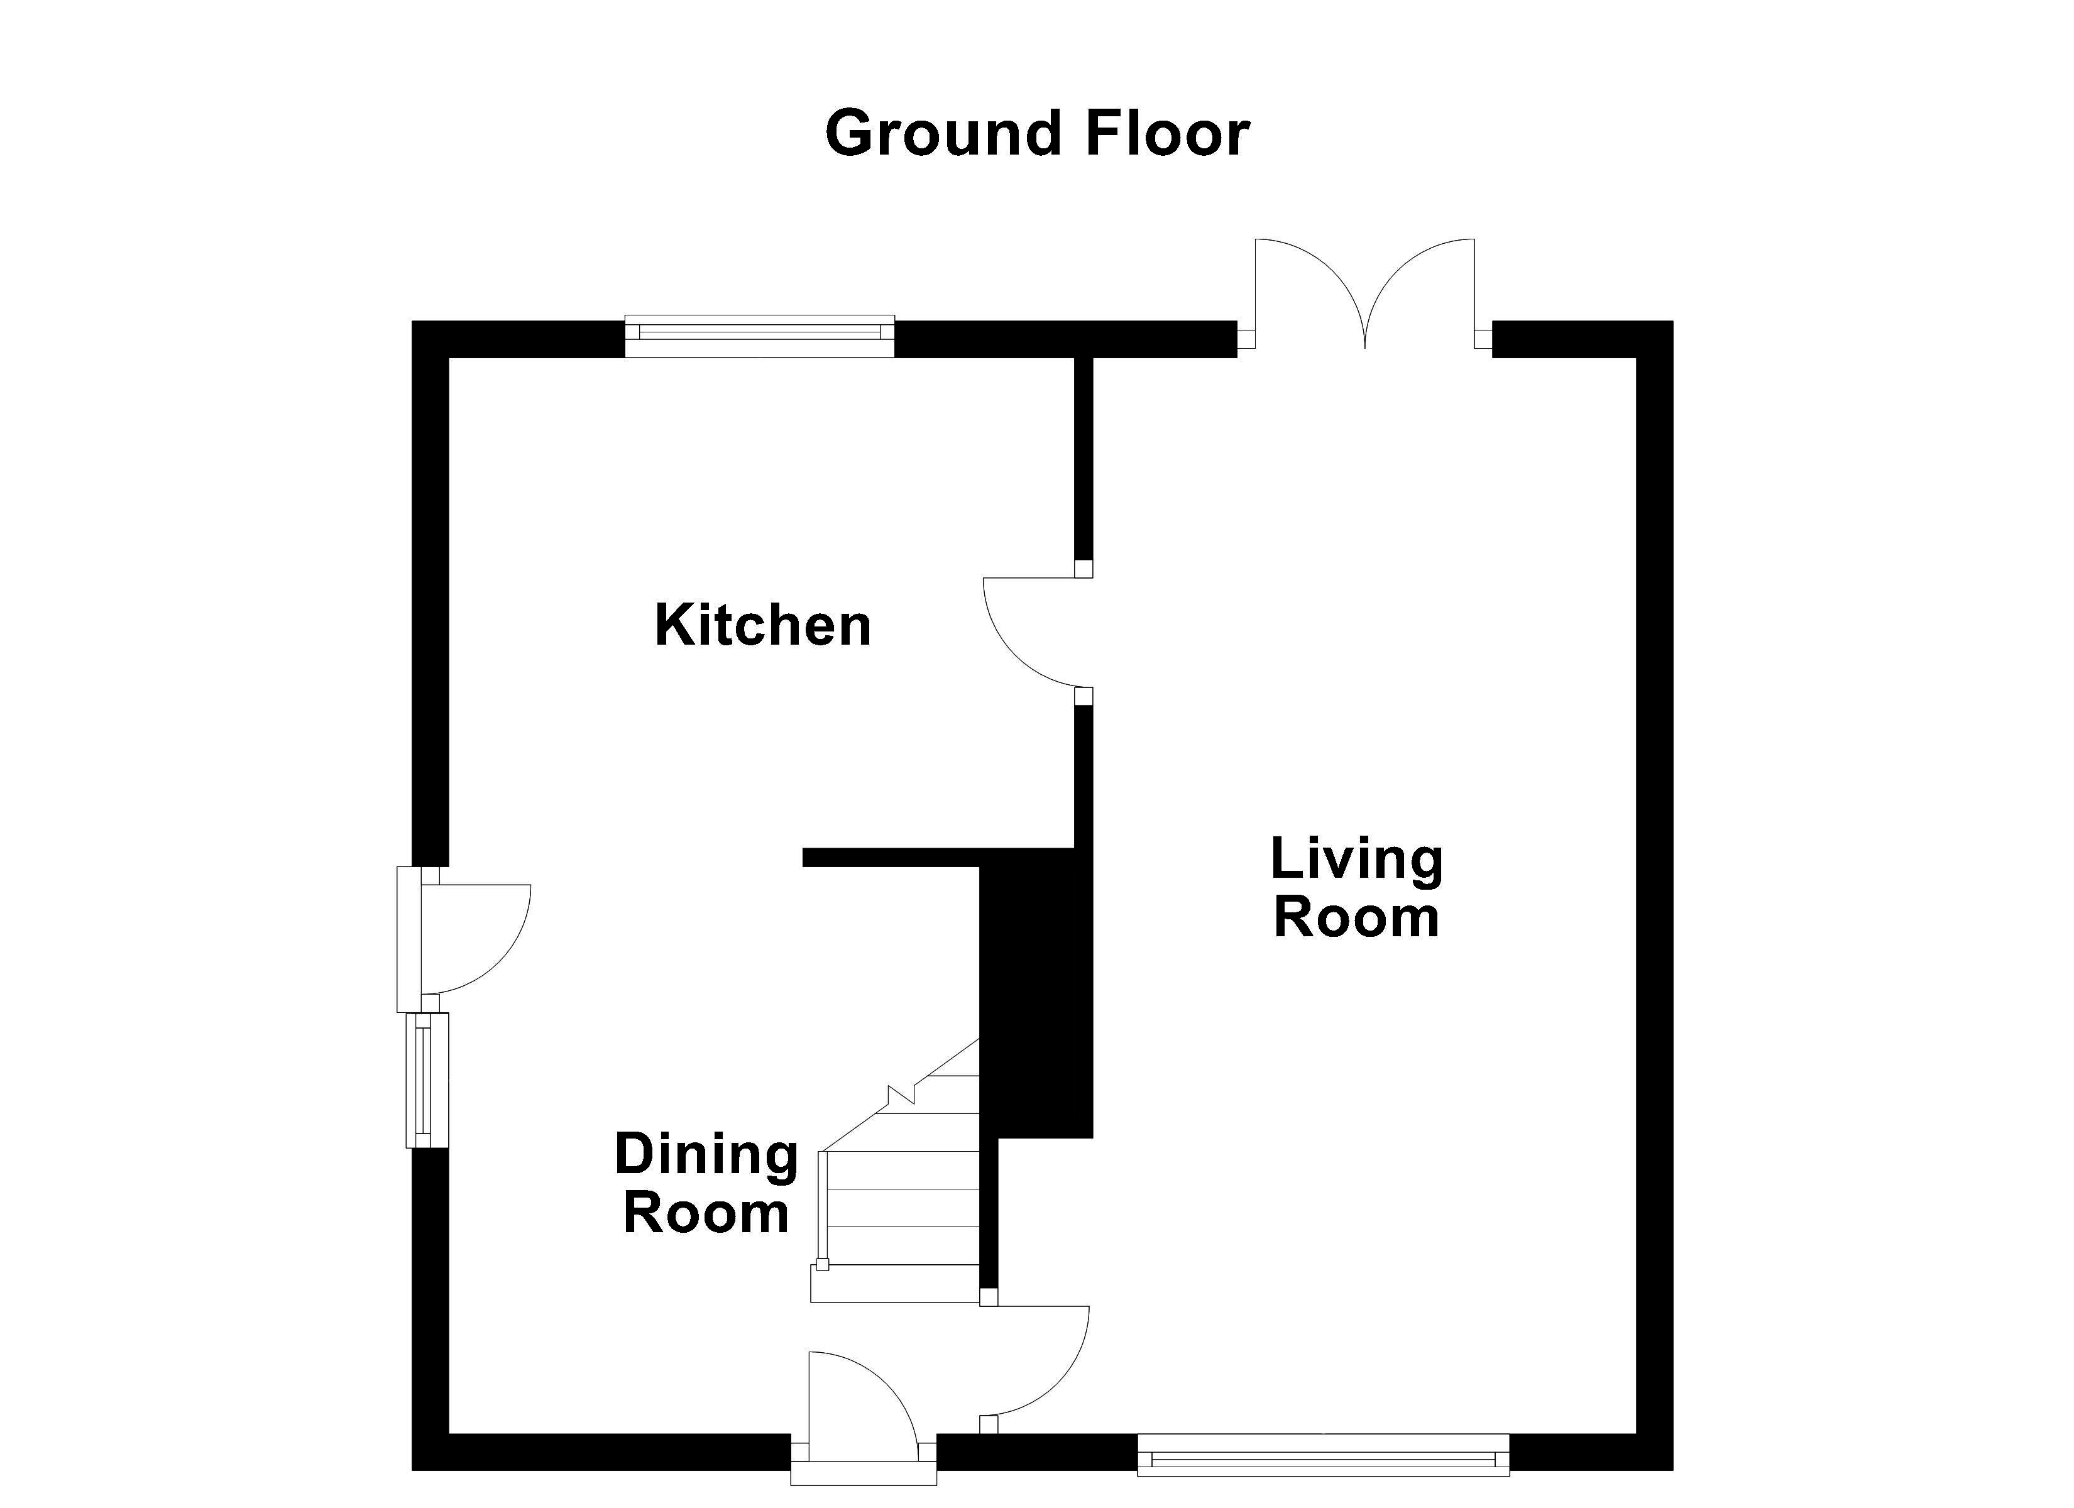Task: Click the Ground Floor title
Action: pos(1037,133)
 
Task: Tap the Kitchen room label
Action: pos(762,626)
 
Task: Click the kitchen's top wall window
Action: pos(760,336)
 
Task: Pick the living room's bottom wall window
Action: pos(1323,1454)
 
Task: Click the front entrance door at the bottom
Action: pos(864,1407)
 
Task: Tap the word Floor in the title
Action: pos(1167,133)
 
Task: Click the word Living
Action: pos(1357,861)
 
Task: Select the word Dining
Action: pos(706,1157)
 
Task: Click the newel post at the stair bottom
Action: pos(822,1265)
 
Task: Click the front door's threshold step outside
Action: pos(864,1473)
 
